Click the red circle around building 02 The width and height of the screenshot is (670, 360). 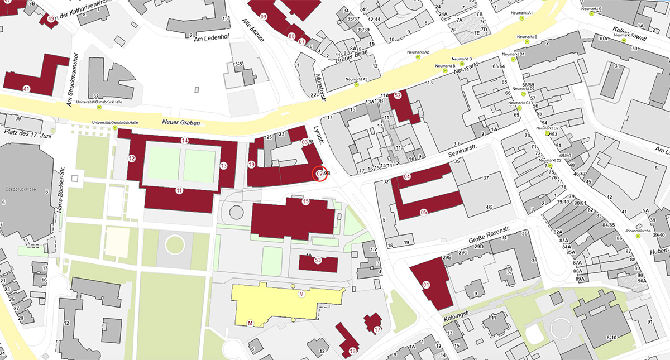coord(319,174)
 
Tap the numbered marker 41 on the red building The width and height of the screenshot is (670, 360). coord(26,89)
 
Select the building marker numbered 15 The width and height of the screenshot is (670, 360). coord(305,201)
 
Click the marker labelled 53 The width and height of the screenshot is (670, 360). coord(318,260)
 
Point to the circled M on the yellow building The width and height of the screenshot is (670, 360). coord(250,323)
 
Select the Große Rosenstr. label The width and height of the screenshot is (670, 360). coord(487,242)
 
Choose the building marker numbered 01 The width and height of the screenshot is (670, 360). coord(427,285)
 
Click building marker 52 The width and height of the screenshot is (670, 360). coord(398,95)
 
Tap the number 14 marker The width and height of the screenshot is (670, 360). coord(185,140)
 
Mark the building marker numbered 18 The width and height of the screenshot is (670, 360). coord(352,351)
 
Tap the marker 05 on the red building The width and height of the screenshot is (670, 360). coord(424,212)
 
